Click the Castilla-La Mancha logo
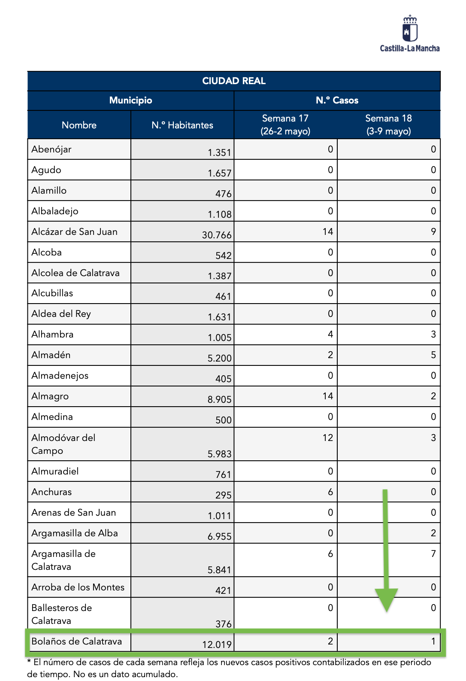coord(410,34)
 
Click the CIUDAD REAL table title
coord(234,81)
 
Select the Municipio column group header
coord(130,100)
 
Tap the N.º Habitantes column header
coord(182,125)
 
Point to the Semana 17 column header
coord(285,125)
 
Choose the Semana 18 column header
coord(388,125)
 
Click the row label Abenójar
coord(51,149)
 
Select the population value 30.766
coord(217,235)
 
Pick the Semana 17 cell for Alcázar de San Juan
coord(328,232)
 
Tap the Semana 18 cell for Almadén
coord(433,355)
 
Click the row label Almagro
coord(50,396)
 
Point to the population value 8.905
coord(219,399)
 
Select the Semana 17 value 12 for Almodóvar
coord(328,438)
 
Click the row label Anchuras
coord(51,492)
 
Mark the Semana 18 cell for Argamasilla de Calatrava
coord(433,554)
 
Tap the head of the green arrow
coord(387,599)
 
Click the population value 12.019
coord(217,645)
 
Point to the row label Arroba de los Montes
coord(78,587)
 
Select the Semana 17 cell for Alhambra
coord(330,334)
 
